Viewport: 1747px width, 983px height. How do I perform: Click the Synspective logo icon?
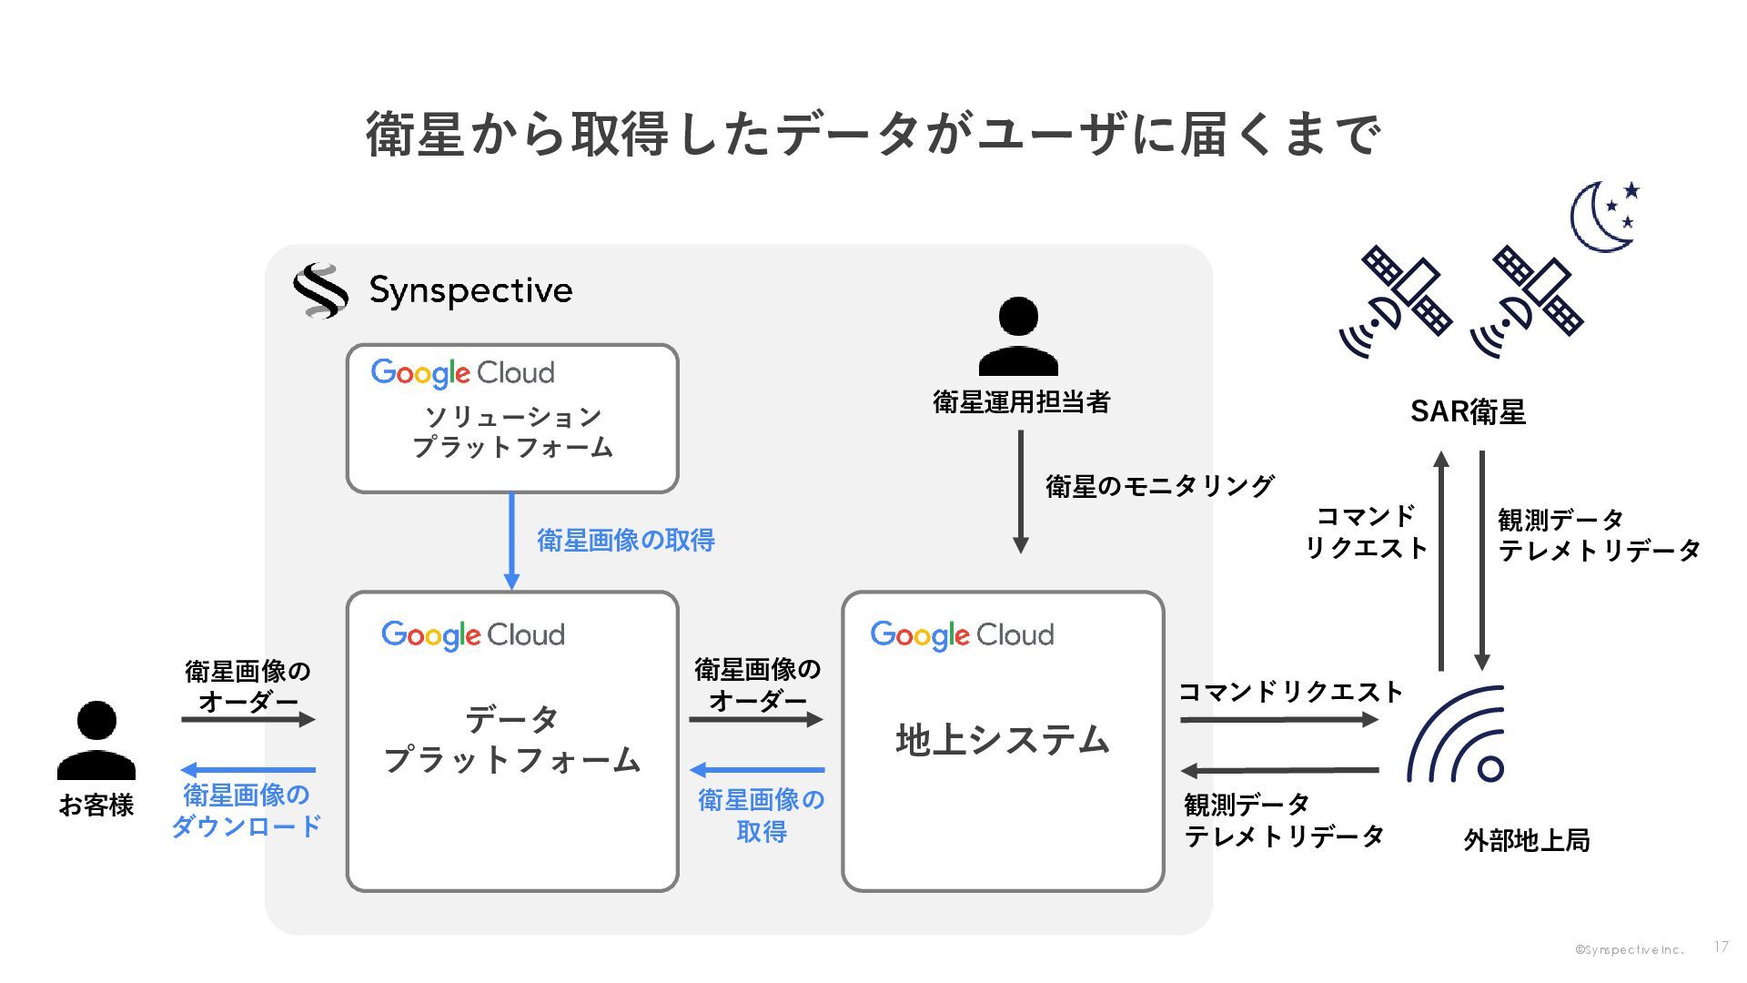coord(319,290)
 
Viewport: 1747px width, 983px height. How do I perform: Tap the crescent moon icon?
coord(1601,219)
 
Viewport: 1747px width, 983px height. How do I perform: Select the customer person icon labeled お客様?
coord(96,740)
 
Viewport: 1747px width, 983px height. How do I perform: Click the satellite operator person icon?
coord(1018,336)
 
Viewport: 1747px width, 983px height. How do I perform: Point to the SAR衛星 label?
coord(1468,412)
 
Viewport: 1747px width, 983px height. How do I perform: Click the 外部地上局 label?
coord(1527,840)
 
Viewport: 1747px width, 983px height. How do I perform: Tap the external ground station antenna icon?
coord(1457,735)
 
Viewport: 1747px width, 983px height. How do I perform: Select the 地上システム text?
coord(1003,740)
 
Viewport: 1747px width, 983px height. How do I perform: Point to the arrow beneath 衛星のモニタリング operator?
coord(1020,491)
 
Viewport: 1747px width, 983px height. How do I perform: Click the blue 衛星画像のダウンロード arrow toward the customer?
coord(248,770)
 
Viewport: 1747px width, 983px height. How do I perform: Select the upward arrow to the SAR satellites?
coord(1441,561)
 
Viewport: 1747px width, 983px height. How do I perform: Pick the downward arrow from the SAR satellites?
coord(1482,561)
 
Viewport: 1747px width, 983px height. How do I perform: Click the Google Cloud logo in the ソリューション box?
coord(462,373)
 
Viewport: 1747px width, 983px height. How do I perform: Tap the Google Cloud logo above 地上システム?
coord(962,635)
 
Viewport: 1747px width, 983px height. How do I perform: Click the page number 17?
coord(1721,948)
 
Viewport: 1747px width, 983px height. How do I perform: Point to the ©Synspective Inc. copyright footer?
coord(1630,950)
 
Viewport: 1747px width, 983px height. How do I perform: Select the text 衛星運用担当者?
coord(1021,402)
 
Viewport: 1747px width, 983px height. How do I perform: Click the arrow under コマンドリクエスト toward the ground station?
coord(1279,720)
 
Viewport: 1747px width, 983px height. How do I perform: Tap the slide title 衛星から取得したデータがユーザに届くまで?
coord(873,134)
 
